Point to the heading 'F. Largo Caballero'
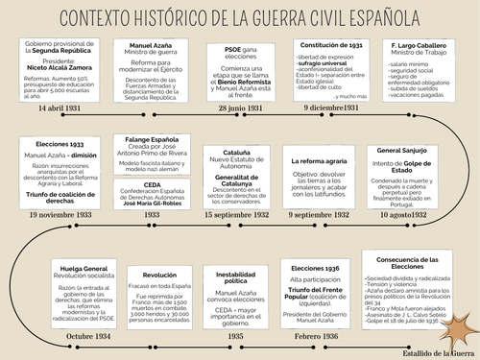420,45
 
